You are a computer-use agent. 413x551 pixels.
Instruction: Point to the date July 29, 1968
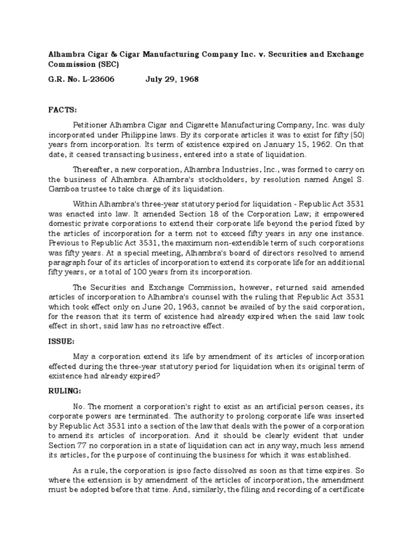tap(172, 79)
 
